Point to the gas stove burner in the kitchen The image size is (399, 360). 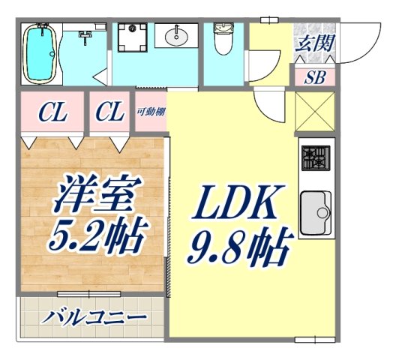point(315,158)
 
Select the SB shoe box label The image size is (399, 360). point(314,77)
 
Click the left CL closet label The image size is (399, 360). point(53,113)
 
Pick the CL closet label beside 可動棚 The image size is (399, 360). point(110,113)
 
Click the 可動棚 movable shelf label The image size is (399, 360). point(151,112)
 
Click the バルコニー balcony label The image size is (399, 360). point(93,316)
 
